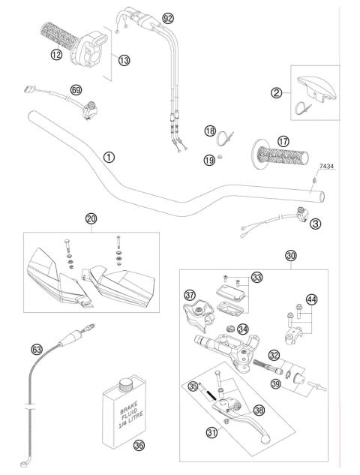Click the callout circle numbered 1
[109, 157]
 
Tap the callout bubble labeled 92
[168, 17]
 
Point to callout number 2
[277, 93]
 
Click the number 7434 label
[326, 166]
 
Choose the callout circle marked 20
[91, 219]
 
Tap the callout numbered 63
[36, 349]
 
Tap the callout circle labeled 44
[311, 300]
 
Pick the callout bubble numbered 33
[258, 277]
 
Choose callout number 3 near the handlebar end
[315, 224]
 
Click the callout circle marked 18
[211, 132]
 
